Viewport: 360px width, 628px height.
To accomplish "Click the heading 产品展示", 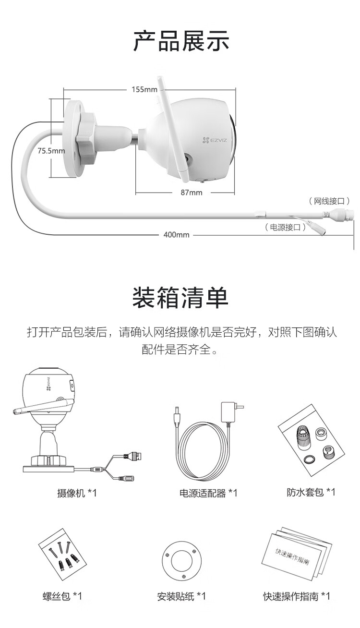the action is [x=181, y=40].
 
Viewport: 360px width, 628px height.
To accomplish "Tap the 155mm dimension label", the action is [x=144, y=89].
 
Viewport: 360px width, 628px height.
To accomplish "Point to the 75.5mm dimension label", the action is [x=51, y=151].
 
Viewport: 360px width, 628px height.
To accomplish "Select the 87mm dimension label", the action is [x=191, y=193].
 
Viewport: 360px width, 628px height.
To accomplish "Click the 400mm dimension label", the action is [x=176, y=235].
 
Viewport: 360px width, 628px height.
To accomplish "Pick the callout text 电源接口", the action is [x=286, y=228].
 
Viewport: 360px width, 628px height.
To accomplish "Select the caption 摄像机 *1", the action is [x=77, y=493].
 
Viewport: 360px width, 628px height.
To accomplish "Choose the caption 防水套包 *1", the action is [x=311, y=492].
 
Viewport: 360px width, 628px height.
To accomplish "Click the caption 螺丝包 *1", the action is [x=62, y=596].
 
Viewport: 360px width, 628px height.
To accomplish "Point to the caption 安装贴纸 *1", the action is [x=181, y=596].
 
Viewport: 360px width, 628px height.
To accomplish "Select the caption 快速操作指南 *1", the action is [x=296, y=596].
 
